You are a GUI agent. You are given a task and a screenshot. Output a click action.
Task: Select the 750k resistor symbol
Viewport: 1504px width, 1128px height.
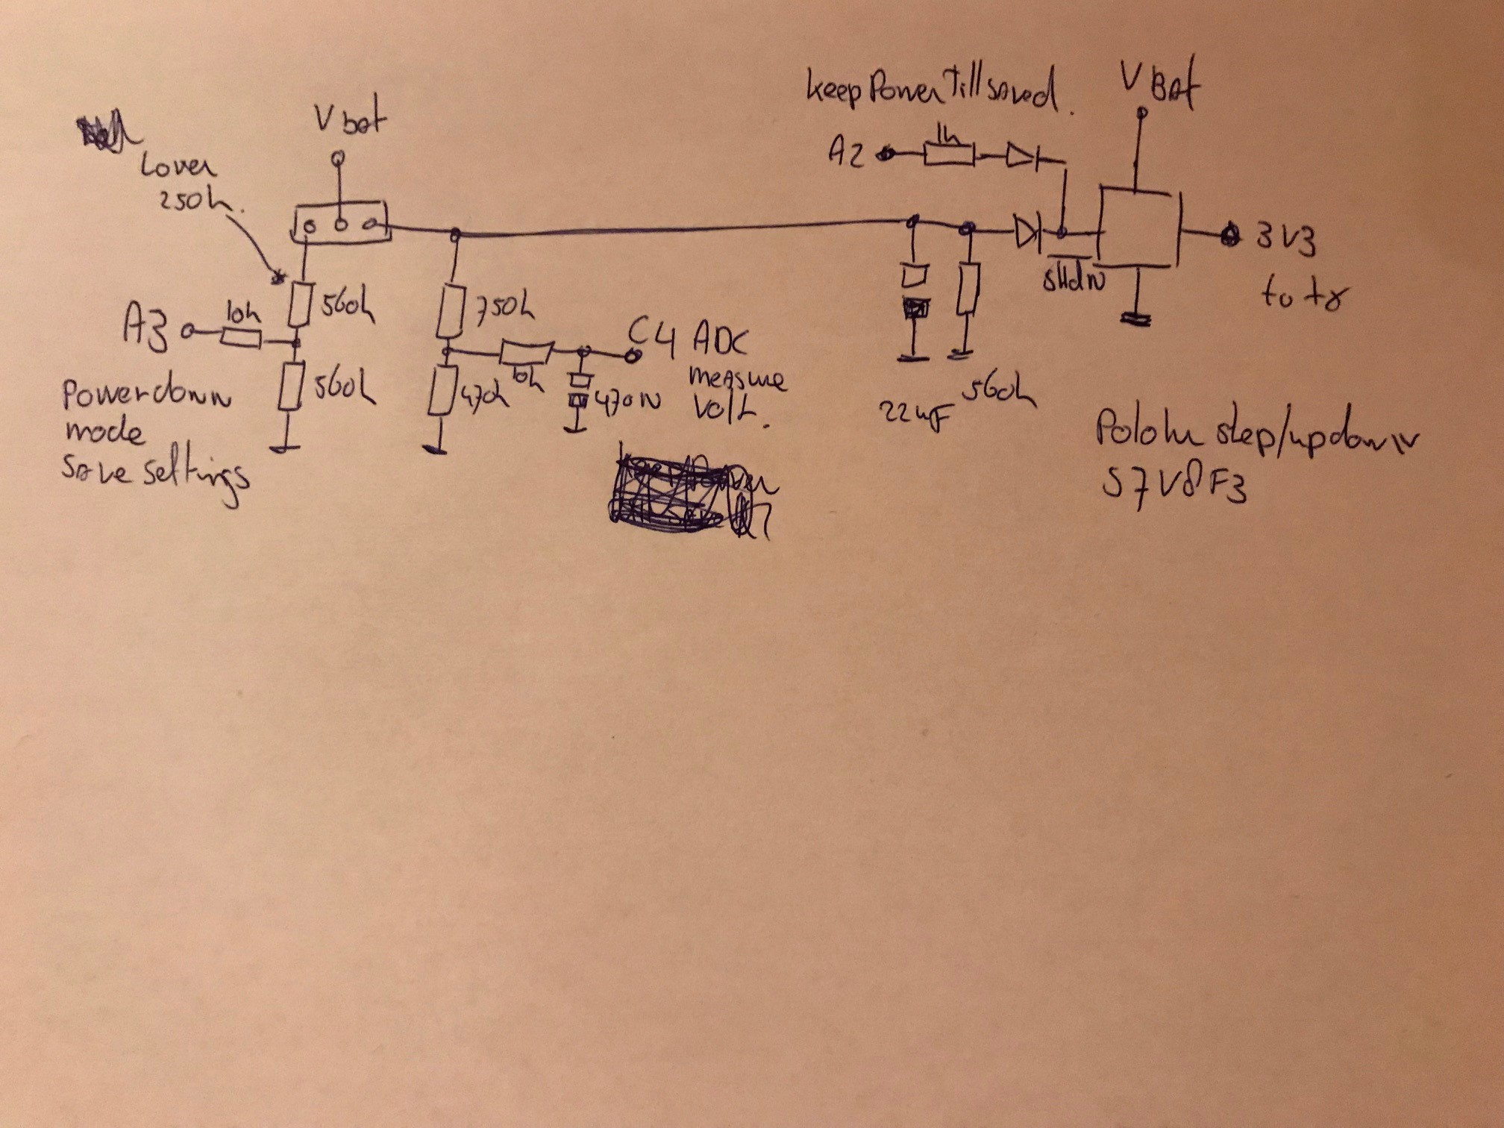click(451, 307)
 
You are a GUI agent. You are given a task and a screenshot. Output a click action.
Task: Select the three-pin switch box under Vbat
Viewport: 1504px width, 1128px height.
click(340, 223)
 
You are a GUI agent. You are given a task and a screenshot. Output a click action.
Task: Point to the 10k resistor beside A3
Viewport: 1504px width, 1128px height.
click(240, 339)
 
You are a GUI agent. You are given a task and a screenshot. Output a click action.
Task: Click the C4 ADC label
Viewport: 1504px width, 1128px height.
click(686, 340)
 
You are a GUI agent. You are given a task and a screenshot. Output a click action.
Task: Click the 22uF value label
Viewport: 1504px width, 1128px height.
click(914, 415)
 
